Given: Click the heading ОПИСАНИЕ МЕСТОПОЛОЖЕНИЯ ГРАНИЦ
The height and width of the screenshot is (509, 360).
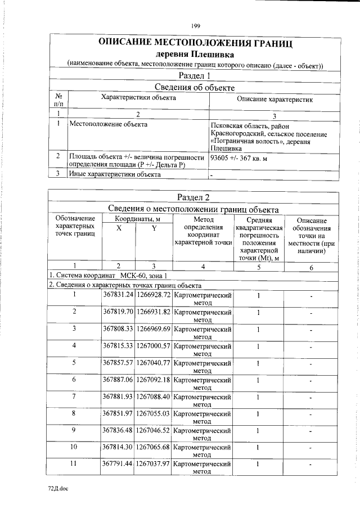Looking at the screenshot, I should point(195,43).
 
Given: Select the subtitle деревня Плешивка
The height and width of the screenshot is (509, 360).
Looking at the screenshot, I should point(195,55).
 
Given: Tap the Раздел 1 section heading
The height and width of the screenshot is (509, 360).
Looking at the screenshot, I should point(195,75).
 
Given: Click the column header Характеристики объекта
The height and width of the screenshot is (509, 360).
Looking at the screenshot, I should point(138,98).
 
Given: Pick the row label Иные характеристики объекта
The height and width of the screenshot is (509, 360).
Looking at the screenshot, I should point(114,174).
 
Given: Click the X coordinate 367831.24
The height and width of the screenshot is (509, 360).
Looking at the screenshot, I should point(118,295).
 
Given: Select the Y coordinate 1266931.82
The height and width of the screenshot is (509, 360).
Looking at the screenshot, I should point(153,312).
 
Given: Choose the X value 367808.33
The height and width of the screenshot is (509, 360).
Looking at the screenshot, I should point(118,329).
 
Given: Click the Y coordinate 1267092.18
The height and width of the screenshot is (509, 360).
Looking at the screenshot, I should point(153,380).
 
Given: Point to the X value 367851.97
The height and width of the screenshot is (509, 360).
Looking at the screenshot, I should point(118,414).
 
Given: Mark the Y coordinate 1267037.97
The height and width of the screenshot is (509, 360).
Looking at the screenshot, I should point(153,465).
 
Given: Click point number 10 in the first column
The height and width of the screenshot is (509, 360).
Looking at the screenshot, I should point(74,448).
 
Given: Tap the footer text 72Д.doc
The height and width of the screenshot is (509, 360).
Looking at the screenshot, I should point(57,490).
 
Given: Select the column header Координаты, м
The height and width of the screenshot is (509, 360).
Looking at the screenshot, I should point(136,219).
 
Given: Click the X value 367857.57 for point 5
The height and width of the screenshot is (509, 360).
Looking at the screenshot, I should point(118,363).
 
